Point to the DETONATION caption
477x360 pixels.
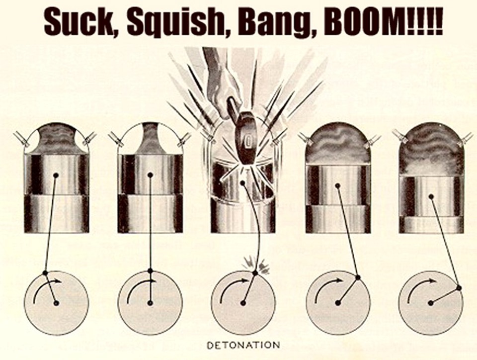click(243, 345)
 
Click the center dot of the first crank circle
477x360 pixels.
click(56, 303)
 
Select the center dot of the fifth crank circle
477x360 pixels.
click(430, 303)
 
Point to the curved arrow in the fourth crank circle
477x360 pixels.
click(324, 285)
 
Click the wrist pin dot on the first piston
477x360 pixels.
click(56, 176)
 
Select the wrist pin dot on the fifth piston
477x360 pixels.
click(431, 196)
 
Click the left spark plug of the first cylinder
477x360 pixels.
click(22, 138)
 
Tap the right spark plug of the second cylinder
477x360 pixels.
click(184, 138)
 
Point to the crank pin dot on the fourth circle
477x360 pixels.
click(358, 277)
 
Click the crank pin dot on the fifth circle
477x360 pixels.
click(459, 288)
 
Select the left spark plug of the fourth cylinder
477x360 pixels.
click(307, 138)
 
